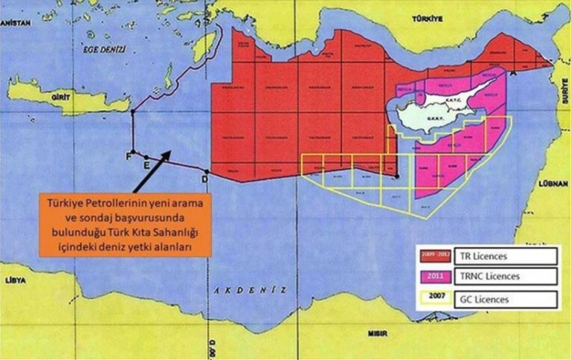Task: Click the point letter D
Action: tap(205, 179)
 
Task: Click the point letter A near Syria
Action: tap(513, 74)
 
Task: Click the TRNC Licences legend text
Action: tap(494, 277)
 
